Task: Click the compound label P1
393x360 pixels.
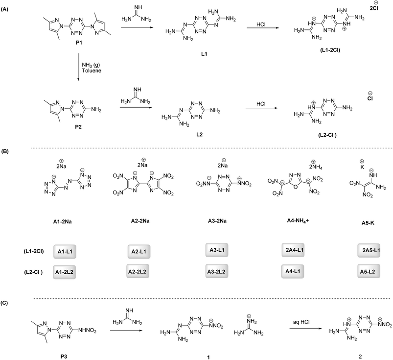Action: (x=79, y=43)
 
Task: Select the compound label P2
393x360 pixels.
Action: (x=78, y=127)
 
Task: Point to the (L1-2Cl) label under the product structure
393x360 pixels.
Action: (x=330, y=50)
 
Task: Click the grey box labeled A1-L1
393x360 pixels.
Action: (x=65, y=251)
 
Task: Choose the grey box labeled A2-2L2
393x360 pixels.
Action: (x=138, y=271)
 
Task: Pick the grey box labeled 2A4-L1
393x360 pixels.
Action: (x=293, y=250)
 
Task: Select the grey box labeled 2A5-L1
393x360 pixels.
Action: (x=369, y=250)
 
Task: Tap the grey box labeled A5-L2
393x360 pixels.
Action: (x=369, y=271)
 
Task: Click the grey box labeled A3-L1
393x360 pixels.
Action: (x=217, y=250)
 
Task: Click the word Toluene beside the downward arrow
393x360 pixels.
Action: (x=92, y=71)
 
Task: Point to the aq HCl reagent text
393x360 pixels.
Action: (x=301, y=322)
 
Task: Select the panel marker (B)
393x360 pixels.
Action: (x=5, y=152)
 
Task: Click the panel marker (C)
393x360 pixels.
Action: (x=5, y=303)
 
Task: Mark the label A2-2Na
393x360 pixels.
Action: (x=140, y=221)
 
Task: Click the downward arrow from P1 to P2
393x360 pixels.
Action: (x=78, y=67)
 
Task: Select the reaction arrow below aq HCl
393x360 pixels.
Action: (x=305, y=328)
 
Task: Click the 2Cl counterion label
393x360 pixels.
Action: (x=374, y=7)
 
